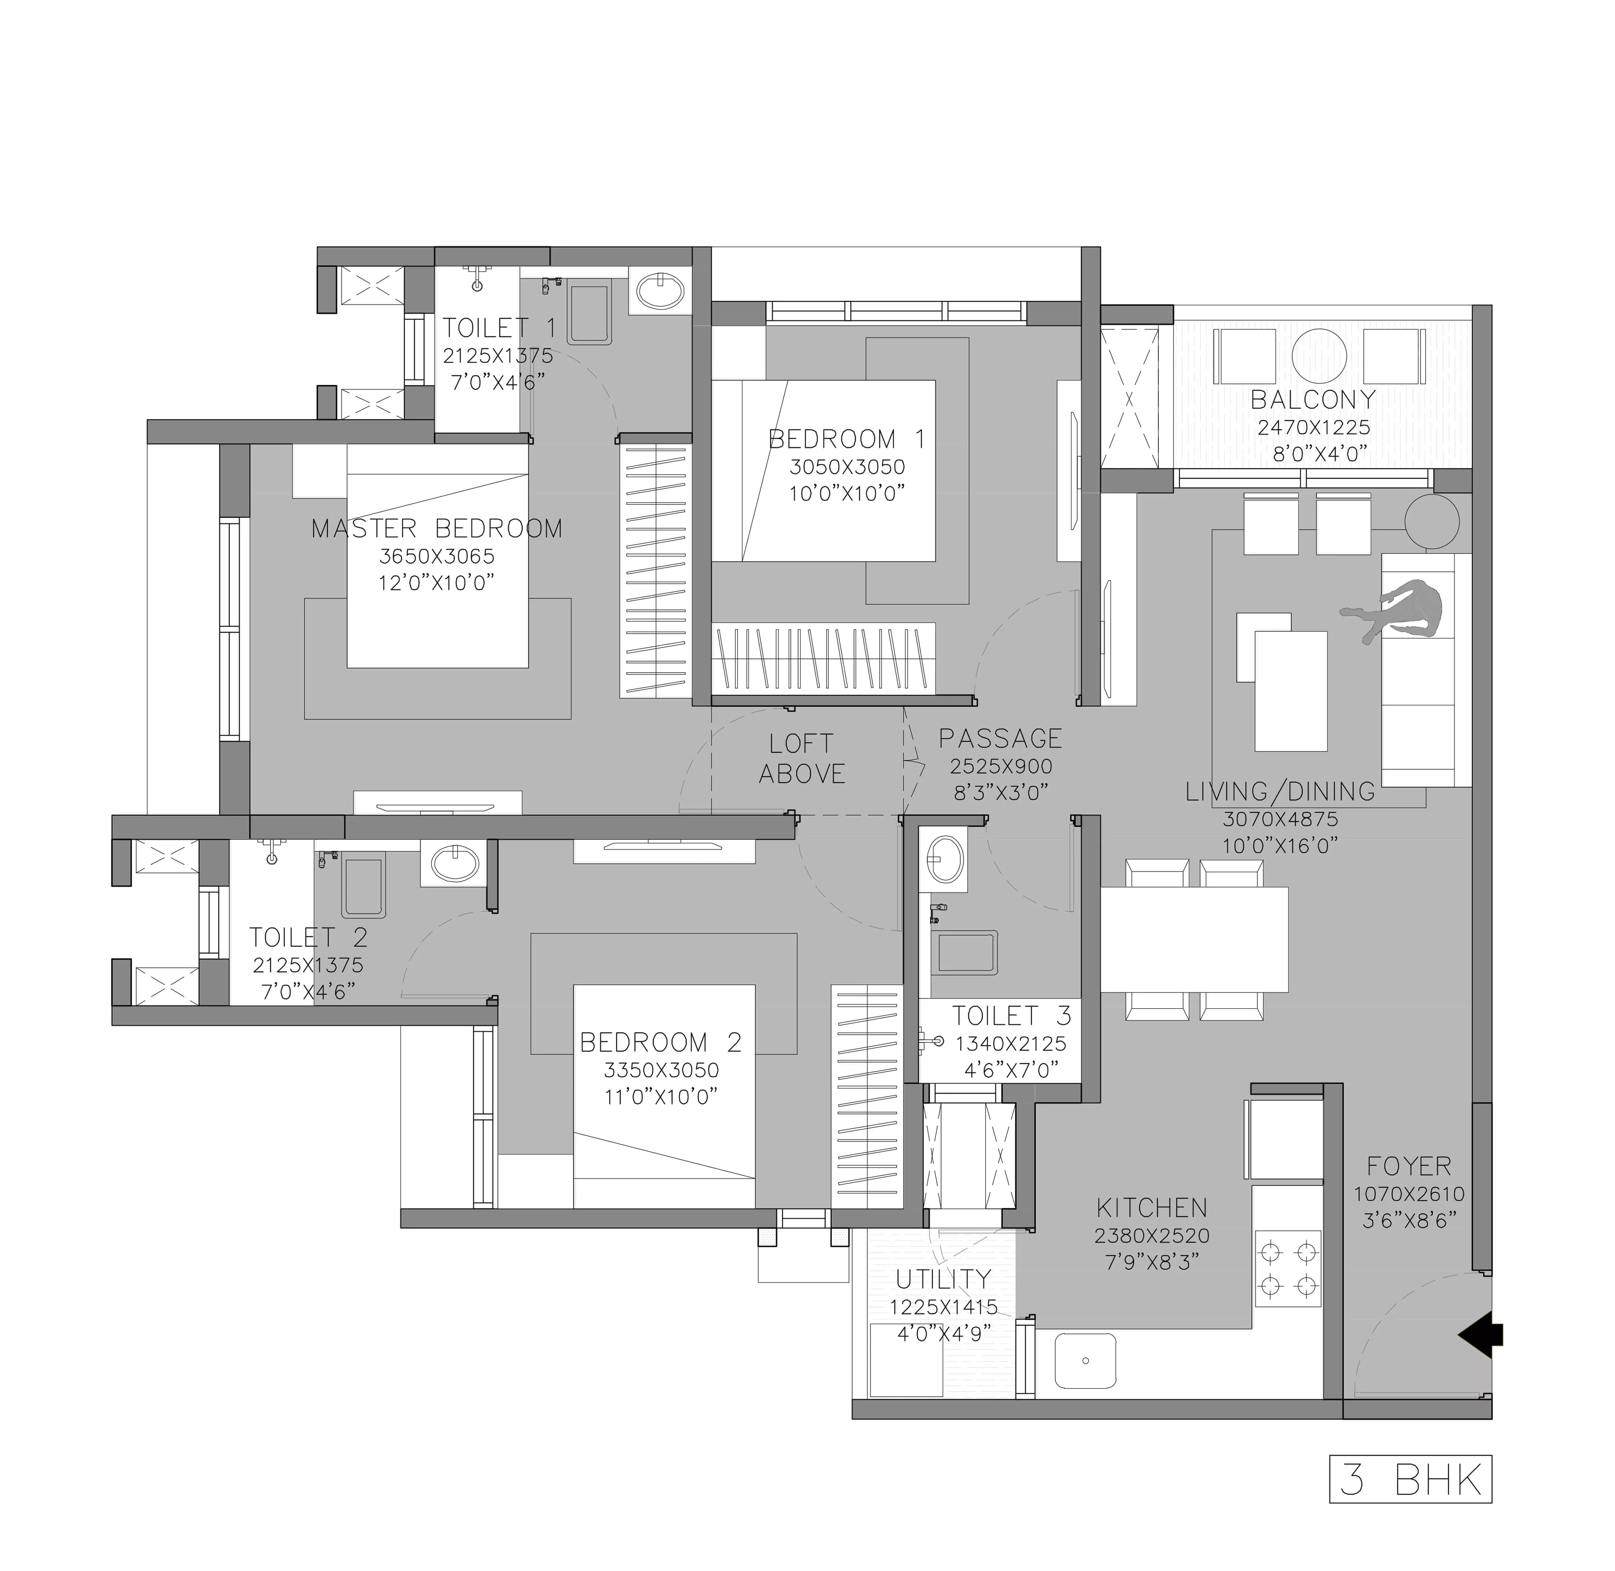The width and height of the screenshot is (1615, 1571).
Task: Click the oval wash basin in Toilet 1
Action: pyautogui.click(x=660, y=290)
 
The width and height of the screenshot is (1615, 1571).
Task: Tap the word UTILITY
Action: pyautogui.click(x=943, y=1279)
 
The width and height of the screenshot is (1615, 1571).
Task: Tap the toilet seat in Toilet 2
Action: pyautogui.click(x=363, y=887)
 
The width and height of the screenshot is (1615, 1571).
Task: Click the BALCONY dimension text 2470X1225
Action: pyautogui.click(x=1314, y=427)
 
